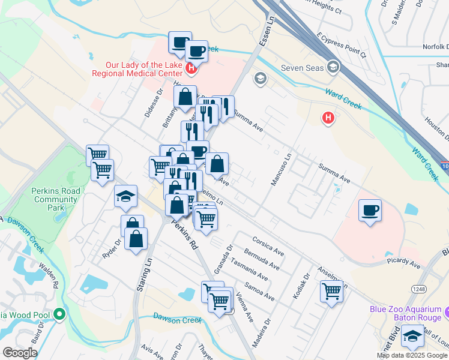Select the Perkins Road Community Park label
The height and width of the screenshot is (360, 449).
point(55,199)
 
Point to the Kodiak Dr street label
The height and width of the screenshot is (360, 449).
point(306,284)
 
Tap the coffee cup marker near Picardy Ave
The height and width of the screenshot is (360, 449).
point(370,211)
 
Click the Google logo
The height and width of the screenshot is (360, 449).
point(20,353)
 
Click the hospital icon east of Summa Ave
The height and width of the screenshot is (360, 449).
point(328,119)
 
